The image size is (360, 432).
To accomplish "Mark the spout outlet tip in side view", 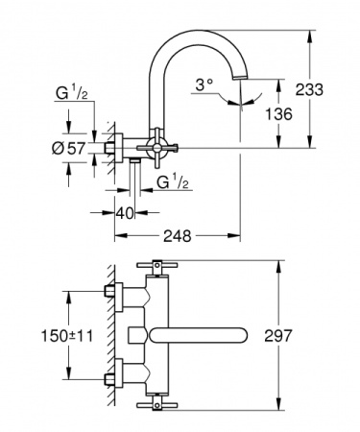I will tap(240, 98).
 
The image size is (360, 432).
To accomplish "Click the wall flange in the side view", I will tap(113, 149).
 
